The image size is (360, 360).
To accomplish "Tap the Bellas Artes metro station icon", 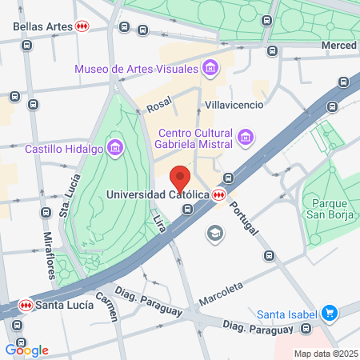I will tap(82, 26).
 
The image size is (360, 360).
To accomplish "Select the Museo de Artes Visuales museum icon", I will tap(210, 68).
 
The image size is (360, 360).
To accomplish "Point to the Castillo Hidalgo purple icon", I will tap(117, 148).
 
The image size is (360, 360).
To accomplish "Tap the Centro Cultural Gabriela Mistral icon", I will tap(246, 138).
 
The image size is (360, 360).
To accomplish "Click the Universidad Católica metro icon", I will tap(219, 194).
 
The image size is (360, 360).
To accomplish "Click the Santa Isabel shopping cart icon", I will tap(328, 314).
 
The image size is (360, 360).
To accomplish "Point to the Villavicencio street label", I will tap(234, 105).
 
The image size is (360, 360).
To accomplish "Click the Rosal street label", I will tap(160, 105).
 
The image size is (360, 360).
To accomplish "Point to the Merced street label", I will tap(338, 46).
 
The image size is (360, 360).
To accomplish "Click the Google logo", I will tap(26, 350).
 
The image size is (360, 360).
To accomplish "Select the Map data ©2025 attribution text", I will tap(324, 354).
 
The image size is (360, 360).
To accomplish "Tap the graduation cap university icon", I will tap(214, 233).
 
